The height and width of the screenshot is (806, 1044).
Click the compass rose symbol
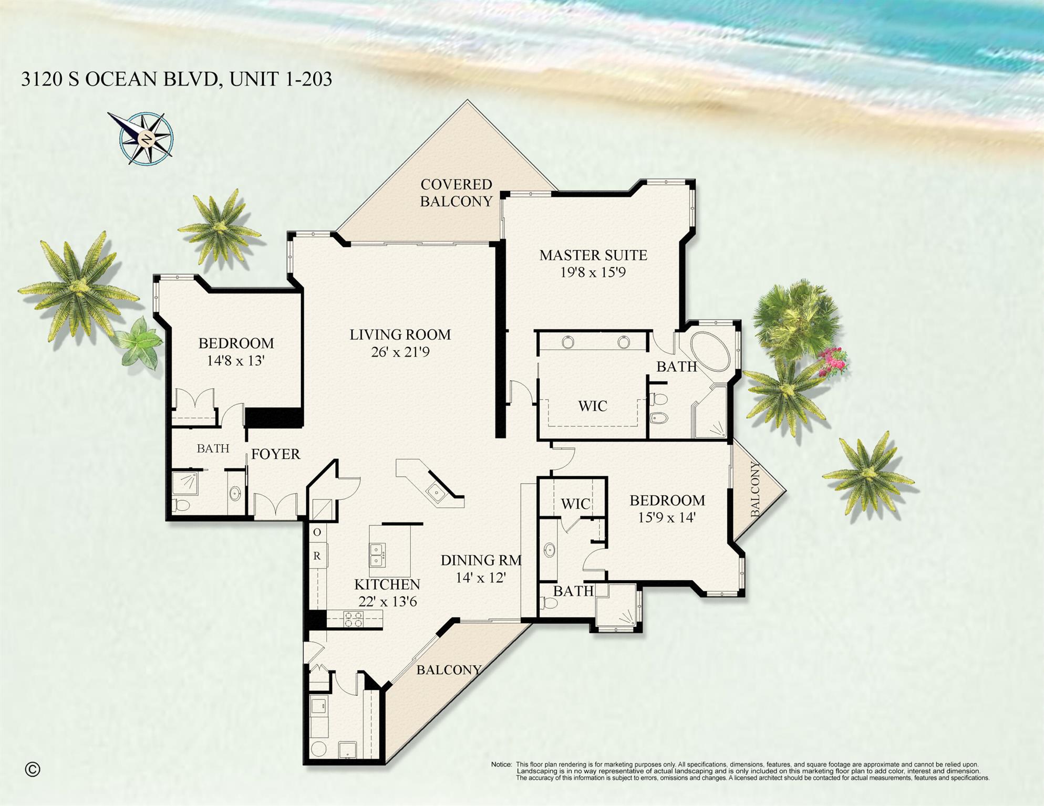point(146,139)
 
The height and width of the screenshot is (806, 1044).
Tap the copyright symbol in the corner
point(33,769)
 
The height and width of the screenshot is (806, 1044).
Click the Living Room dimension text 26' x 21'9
point(400,352)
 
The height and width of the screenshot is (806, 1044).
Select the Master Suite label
point(593,255)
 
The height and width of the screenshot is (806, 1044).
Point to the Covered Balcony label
point(456,193)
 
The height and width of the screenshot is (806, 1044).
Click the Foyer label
point(275,454)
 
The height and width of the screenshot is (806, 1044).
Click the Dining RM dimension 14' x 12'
point(480,578)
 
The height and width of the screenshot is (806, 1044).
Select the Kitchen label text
point(387,584)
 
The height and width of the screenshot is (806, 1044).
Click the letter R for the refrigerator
point(317,556)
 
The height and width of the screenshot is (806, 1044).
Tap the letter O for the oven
point(317,532)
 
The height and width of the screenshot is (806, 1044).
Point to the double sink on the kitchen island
point(377,555)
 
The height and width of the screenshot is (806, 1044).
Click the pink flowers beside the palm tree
point(833,361)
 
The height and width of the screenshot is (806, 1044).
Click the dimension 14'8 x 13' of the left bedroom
point(235,361)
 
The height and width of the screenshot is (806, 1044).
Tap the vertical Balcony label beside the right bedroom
point(755,489)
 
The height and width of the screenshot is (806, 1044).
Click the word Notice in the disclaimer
point(501,765)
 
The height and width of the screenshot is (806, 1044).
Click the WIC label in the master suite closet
point(593,406)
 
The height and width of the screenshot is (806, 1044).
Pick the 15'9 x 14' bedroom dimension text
point(667,518)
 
